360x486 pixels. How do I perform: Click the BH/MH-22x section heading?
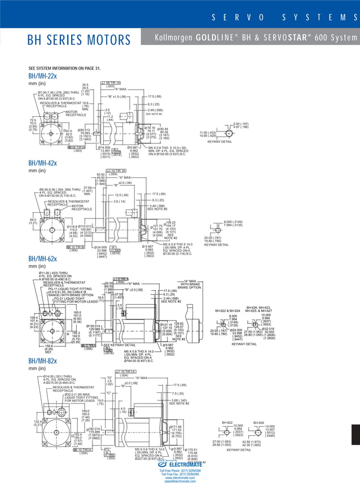coord(42,76)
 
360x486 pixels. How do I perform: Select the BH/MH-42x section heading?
coord(42,163)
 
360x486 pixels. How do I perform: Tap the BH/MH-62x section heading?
coord(42,259)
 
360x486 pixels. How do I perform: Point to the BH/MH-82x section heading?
coord(42,361)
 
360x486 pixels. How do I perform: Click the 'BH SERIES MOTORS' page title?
coord(79,40)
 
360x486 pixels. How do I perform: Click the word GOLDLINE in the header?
coord(217,38)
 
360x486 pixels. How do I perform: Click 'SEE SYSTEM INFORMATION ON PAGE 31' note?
coord(64,68)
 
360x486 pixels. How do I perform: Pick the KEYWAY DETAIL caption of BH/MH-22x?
coord(219,142)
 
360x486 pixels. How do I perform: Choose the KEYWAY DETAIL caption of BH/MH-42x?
coord(217,244)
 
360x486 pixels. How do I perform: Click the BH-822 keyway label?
coord(227,422)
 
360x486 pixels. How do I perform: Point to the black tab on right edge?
coord(355,435)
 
